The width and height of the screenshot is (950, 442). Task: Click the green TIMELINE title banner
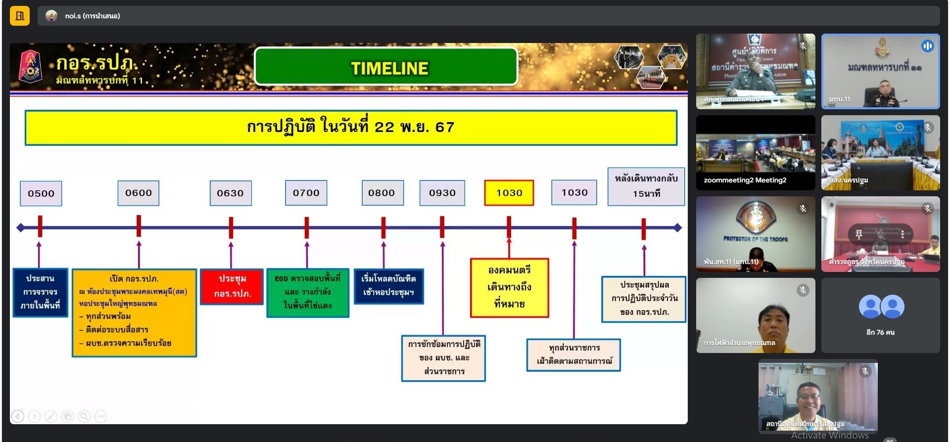(386, 67)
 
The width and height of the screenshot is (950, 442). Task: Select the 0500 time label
(41, 193)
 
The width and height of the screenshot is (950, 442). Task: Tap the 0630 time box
(231, 193)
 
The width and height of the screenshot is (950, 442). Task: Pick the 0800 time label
(382, 193)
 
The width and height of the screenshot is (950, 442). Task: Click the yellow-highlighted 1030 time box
(509, 193)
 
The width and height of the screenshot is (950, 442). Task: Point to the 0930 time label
(442, 193)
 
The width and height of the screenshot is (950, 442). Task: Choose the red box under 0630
(232, 286)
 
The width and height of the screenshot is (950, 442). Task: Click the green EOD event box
(308, 292)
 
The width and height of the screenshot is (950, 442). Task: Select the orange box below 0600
(134, 312)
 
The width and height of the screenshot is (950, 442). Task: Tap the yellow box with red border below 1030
(509, 287)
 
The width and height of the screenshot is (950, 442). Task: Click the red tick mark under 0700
(307, 228)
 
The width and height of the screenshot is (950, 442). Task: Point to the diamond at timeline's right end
(677, 228)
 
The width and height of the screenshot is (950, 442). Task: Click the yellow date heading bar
(351, 128)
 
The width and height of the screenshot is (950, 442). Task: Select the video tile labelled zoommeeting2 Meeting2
(755, 153)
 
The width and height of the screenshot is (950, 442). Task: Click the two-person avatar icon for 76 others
(881, 307)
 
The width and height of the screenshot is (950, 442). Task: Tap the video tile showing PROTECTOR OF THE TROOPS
(755, 234)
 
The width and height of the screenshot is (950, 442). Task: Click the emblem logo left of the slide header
(30, 67)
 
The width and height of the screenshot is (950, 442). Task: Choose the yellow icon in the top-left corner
(20, 16)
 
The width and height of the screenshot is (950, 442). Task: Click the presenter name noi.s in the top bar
(92, 16)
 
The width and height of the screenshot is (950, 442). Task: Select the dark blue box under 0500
(40, 292)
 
